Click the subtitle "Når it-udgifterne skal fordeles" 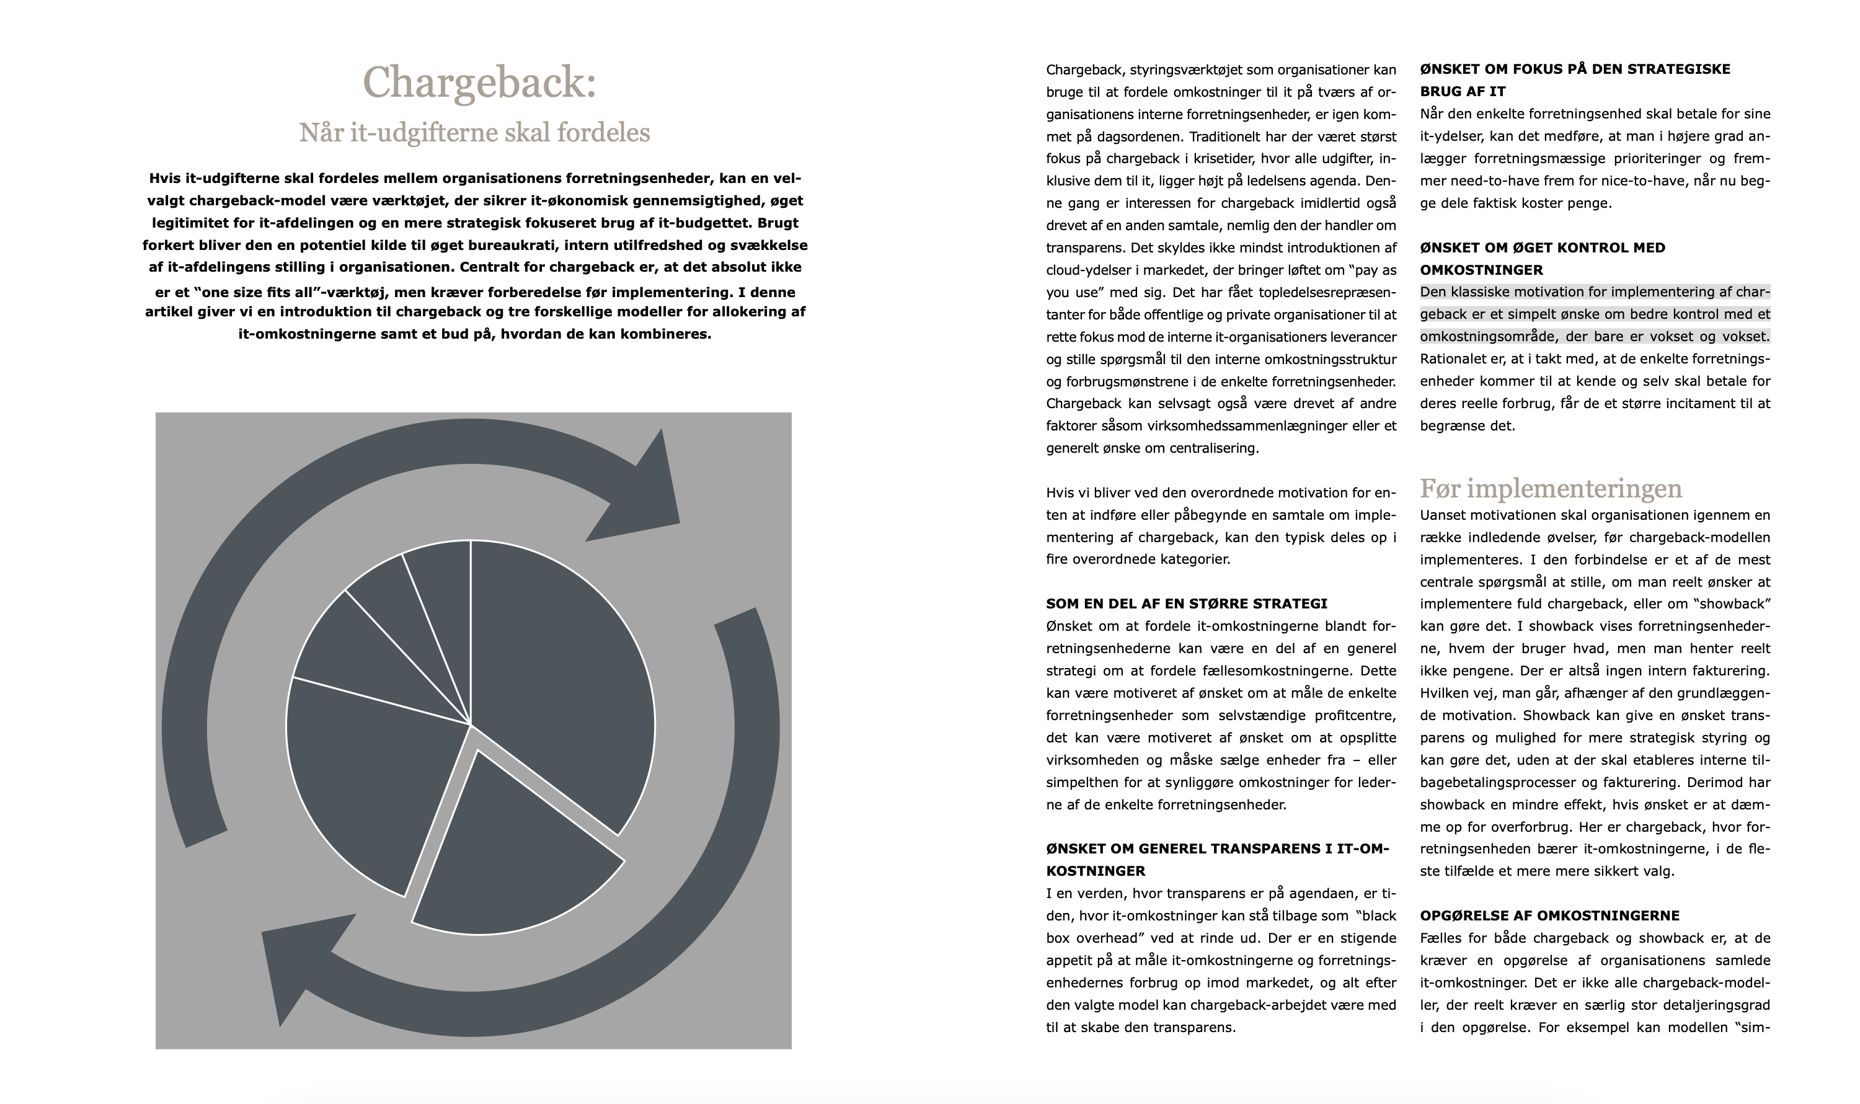pyautogui.click(x=474, y=133)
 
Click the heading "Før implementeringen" pyautogui.click(x=1551, y=489)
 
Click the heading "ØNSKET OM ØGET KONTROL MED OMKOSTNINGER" pyautogui.click(x=1543, y=258)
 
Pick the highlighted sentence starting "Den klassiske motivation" pyautogui.click(x=1595, y=314)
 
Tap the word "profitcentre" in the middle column pyautogui.click(x=1350, y=716)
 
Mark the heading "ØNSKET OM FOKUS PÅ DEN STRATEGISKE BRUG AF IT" pyautogui.click(x=1574, y=79)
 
